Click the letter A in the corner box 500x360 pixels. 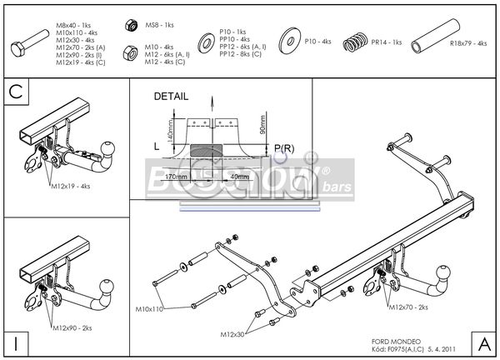[484, 342]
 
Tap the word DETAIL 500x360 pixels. [171, 97]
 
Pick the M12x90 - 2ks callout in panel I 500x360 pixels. [71, 327]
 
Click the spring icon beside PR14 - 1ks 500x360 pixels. [357, 39]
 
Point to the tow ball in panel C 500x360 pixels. [108, 148]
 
